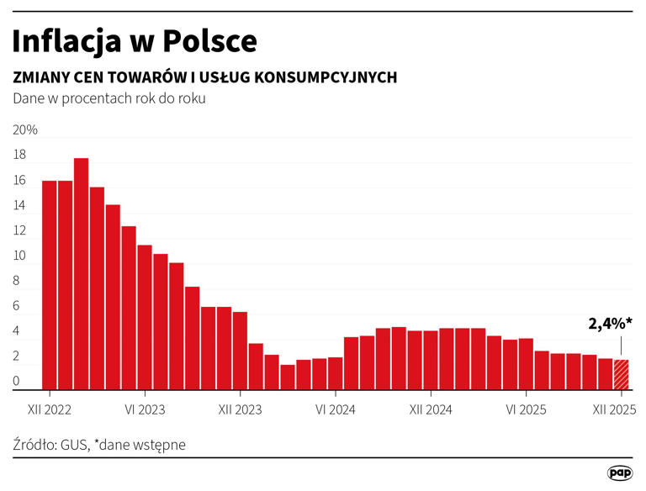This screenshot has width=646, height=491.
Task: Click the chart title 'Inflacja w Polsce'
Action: (x=135, y=41)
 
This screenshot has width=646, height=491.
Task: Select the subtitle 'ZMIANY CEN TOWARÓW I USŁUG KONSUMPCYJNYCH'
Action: (x=204, y=77)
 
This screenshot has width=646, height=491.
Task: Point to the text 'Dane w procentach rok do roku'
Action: (x=109, y=98)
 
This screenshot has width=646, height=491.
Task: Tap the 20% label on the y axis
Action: (x=25, y=131)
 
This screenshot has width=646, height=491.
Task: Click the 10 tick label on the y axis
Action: (x=19, y=256)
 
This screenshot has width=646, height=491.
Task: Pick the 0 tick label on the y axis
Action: (x=16, y=382)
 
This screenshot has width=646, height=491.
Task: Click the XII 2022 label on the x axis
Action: (x=49, y=410)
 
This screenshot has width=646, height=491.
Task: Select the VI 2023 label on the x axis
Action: (x=145, y=410)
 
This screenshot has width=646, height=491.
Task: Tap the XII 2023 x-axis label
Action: (x=240, y=410)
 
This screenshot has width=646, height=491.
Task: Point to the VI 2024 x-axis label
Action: (x=335, y=410)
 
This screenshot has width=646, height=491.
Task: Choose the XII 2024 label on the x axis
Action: (x=430, y=410)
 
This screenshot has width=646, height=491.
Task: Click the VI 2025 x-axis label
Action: (x=526, y=410)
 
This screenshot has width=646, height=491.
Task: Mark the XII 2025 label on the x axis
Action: (x=614, y=410)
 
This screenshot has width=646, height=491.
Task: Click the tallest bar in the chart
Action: (x=81, y=273)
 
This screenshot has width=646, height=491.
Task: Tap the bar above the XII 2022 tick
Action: (x=49, y=286)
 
